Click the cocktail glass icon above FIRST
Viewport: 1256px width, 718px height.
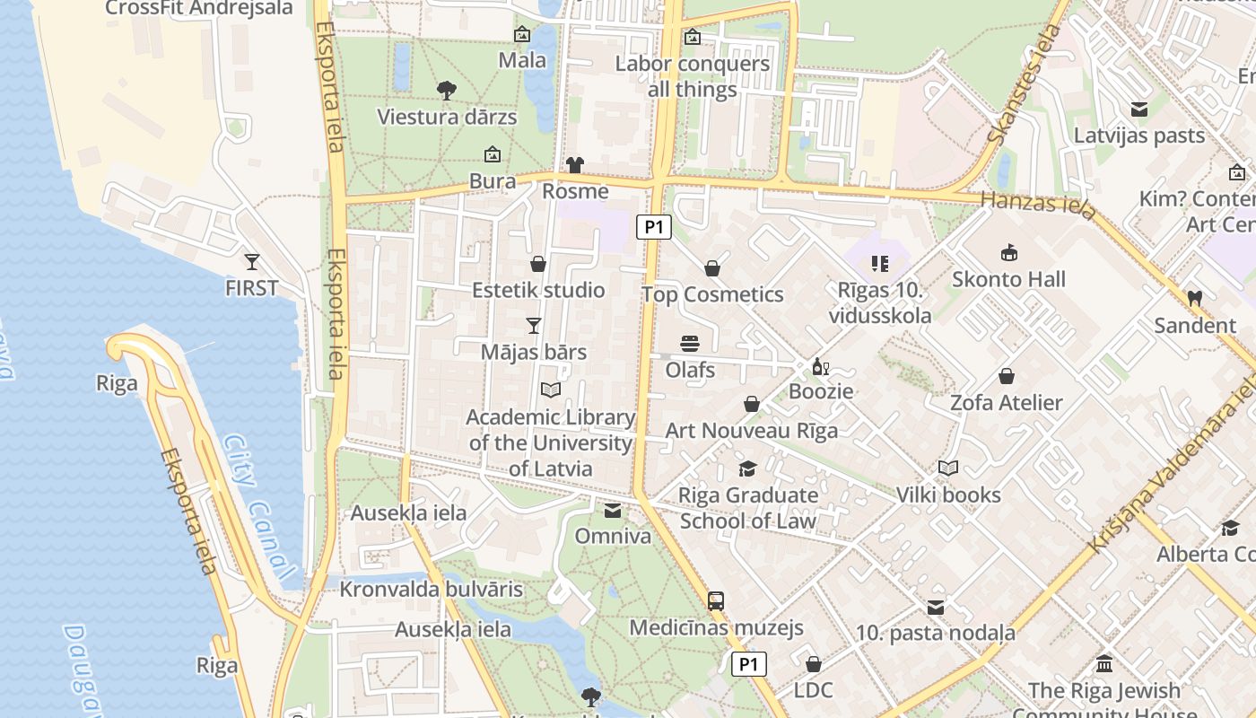(252, 262)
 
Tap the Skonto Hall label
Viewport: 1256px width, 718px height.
(1008, 279)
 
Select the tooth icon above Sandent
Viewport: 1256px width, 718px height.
(1194, 298)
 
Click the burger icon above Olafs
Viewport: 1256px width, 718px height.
(689, 344)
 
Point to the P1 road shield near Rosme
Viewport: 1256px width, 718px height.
(654, 227)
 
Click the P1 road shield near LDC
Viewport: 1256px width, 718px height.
(749, 664)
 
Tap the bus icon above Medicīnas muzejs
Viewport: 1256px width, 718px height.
(715, 601)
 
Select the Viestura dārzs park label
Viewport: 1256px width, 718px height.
(447, 117)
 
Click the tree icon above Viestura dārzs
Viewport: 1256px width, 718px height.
(446, 90)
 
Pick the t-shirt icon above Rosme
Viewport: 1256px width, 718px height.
(575, 165)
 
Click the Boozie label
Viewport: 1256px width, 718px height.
(821, 391)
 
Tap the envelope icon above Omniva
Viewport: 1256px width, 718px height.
(613, 511)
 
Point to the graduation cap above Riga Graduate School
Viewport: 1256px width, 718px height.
(747, 468)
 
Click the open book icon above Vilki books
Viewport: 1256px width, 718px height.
(948, 468)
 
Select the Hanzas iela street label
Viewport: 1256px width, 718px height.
(1038, 205)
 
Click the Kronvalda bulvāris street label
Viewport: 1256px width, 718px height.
(431, 590)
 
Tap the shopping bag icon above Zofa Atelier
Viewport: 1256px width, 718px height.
(1007, 376)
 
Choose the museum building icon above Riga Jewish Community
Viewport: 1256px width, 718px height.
(1104, 664)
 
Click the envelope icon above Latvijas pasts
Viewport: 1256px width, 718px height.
(1139, 109)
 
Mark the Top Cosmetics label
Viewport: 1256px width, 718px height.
(712, 294)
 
